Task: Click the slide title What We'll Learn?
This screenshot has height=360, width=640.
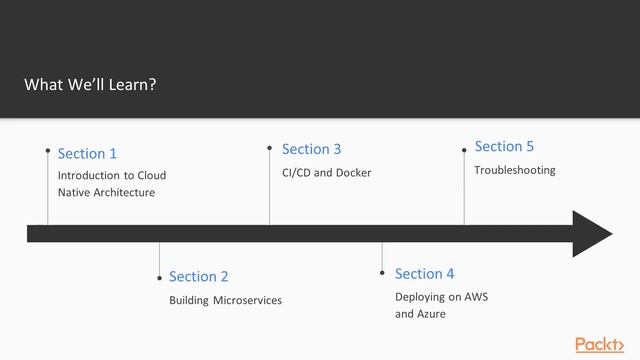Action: point(90,84)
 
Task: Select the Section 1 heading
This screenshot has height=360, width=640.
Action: point(87,153)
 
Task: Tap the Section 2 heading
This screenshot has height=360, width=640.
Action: point(199,276)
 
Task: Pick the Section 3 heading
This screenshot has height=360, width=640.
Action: point(311,149)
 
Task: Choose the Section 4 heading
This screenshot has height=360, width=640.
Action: point(424,273)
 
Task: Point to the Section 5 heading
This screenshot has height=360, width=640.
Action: point(504,146)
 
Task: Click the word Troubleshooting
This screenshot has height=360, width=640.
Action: point(514,170)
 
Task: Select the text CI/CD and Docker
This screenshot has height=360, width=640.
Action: point(326,173)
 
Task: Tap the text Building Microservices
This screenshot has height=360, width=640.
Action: point(225,300)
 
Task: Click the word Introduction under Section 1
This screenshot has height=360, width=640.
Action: point(89,175)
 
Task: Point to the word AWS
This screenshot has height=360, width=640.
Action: point(475,297)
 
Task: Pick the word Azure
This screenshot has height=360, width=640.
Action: point(431,314)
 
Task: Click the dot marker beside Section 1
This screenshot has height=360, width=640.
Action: point(48,150)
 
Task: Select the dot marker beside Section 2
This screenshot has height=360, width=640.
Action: point(159,278)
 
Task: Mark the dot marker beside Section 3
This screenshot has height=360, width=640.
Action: point(269,147)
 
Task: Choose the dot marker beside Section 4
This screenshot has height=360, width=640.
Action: point(383,271)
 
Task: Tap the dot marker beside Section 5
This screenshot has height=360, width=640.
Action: point(464,150)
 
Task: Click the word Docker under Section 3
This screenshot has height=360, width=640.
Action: point(353,173)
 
